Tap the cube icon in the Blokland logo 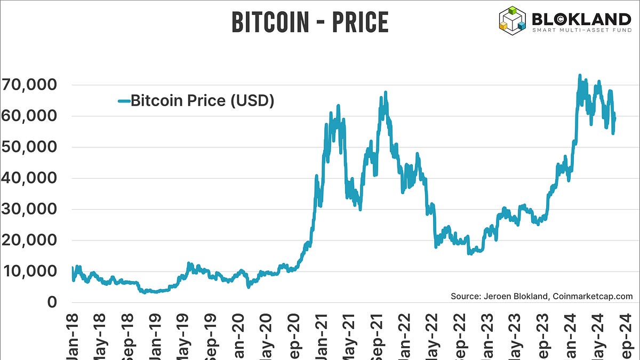tap(513, 18)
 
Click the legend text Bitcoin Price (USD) tap(202, 100)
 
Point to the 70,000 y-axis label tap(29, 85)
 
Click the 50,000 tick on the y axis tap(29, 147)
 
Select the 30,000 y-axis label tap(29, 209)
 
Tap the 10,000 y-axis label tap(29, 271)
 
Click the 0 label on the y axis tap(51, 302)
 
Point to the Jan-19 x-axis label tap(155, 336)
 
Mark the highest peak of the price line tap(579, 76)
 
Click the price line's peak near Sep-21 tap(385, 93)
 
